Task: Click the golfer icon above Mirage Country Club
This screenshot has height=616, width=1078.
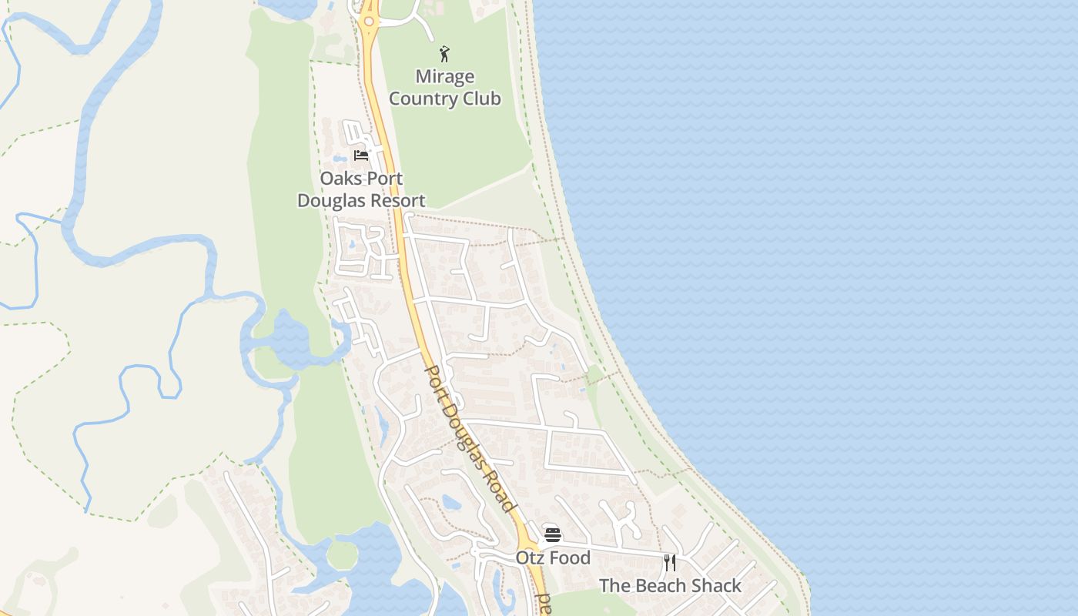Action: (444, 54)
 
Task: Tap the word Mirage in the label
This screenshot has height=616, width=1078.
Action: (444, 77)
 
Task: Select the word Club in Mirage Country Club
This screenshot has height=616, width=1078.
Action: (478, 99)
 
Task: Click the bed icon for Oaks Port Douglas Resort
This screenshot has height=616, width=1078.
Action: (361, 156)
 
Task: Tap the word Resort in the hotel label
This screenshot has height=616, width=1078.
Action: (396, 201)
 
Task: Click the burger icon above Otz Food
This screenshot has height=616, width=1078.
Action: (552, 534)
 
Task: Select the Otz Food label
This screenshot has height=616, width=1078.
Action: (553, 558)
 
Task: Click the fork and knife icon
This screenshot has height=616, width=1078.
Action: (670, 562)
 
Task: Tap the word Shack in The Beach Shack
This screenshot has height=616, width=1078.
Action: (717, 586)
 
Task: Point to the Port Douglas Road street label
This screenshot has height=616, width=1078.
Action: (469, 438)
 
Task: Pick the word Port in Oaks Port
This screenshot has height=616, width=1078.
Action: (384, 179)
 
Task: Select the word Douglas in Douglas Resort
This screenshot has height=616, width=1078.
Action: (329, 201)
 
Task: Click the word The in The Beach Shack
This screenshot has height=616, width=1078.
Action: (614, 586)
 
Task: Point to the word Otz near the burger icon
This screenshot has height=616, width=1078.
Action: (531, 558)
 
